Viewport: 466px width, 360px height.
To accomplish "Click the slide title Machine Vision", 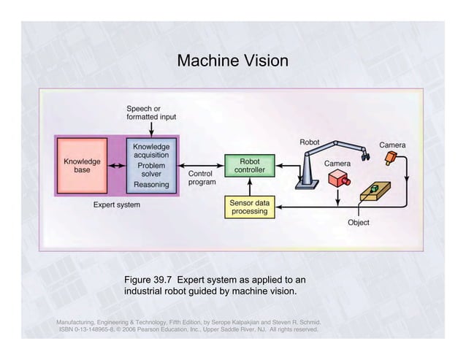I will point(232,61).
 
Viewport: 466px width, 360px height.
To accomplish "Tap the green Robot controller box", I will point(249,165).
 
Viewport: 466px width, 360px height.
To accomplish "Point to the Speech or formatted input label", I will point(150,112).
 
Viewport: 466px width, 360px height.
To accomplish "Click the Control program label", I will point(202,178).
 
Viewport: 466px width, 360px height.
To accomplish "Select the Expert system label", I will point(116,205).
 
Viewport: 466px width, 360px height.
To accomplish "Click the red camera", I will point(338,179).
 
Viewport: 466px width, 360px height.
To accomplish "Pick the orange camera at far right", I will point(395,157).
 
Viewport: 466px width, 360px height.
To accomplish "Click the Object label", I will point(358,222).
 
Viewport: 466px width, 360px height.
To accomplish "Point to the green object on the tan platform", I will point(375,190).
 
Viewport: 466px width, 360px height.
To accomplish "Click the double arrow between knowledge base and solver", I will point(118,165).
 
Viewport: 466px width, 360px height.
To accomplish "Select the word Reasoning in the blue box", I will point(151,185).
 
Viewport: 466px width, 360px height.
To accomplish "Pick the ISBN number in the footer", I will point(97,329).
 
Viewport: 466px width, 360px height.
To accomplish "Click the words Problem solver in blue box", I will point(151,170).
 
